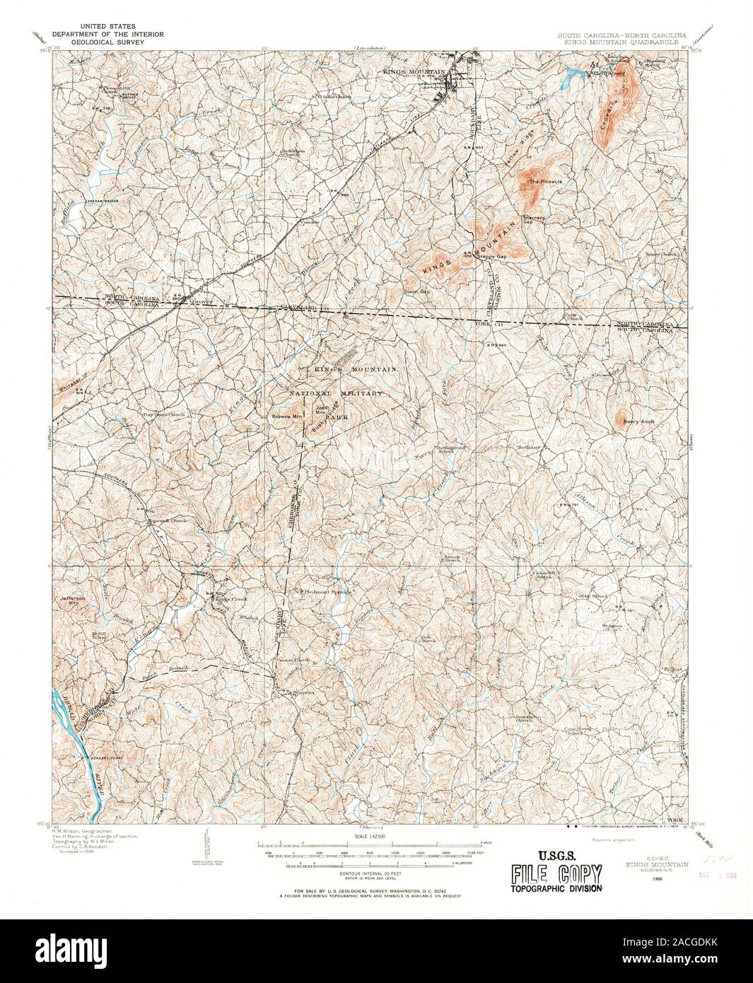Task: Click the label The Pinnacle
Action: pyautogui.click(x=546, y=182)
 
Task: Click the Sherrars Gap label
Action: pyautogui.click(x=534, y=219)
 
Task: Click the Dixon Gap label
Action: pyautogui.click(x=417, y=291)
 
